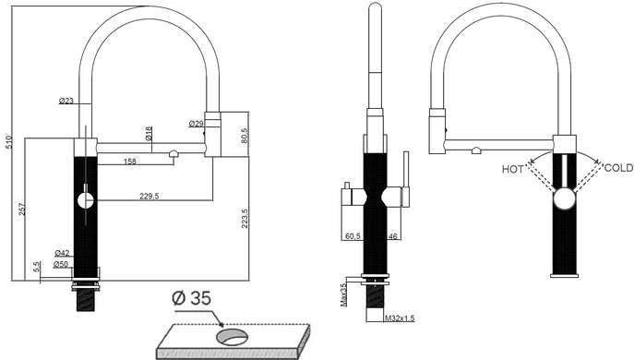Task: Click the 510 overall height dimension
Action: tap(9, 142)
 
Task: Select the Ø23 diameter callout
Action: tap(66, 101)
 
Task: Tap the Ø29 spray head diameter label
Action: tap(196, 124)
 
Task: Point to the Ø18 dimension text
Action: tap(149, 134)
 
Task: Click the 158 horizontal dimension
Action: tap(130, 162)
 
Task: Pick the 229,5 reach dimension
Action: tap(150, 197)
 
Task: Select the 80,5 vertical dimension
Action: tap(244, 137)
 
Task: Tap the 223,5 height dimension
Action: tap(245, 219)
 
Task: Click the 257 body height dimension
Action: tap(22, 210)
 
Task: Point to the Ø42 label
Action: tap(62, 253)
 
